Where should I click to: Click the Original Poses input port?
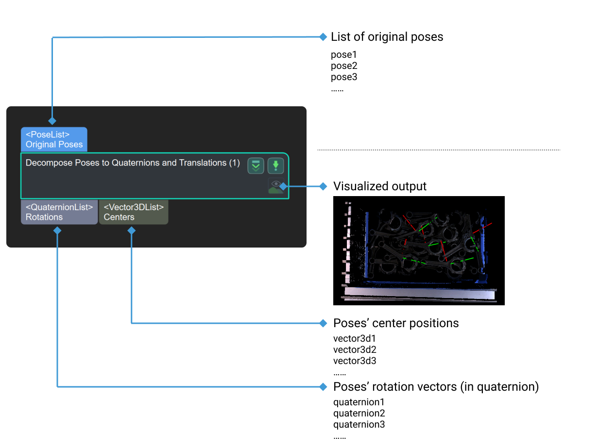coord(54,139)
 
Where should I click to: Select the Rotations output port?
coord(59,212)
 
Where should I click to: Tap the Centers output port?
coord(133,212)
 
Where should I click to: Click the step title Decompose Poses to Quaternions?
coord(133,163)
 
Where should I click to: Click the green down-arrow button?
coord(275,166)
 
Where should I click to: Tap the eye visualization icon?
coord(275,185)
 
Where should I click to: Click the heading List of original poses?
coord(387,37)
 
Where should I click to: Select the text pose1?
coord(343,55)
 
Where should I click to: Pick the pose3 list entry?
coord(344,77)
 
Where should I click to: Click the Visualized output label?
coord(380,186)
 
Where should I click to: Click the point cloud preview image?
coord(418,250)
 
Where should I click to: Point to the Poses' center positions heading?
coord(395,323)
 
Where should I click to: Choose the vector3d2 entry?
coord(355,349)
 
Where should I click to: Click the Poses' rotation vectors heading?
coord(436,387)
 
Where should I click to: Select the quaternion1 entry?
coord(359,402)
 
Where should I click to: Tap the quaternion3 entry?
coord(359,424)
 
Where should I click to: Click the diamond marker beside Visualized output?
coord(323,186)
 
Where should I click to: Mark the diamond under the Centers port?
coord(131,231)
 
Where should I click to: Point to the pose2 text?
coord(344,66)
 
